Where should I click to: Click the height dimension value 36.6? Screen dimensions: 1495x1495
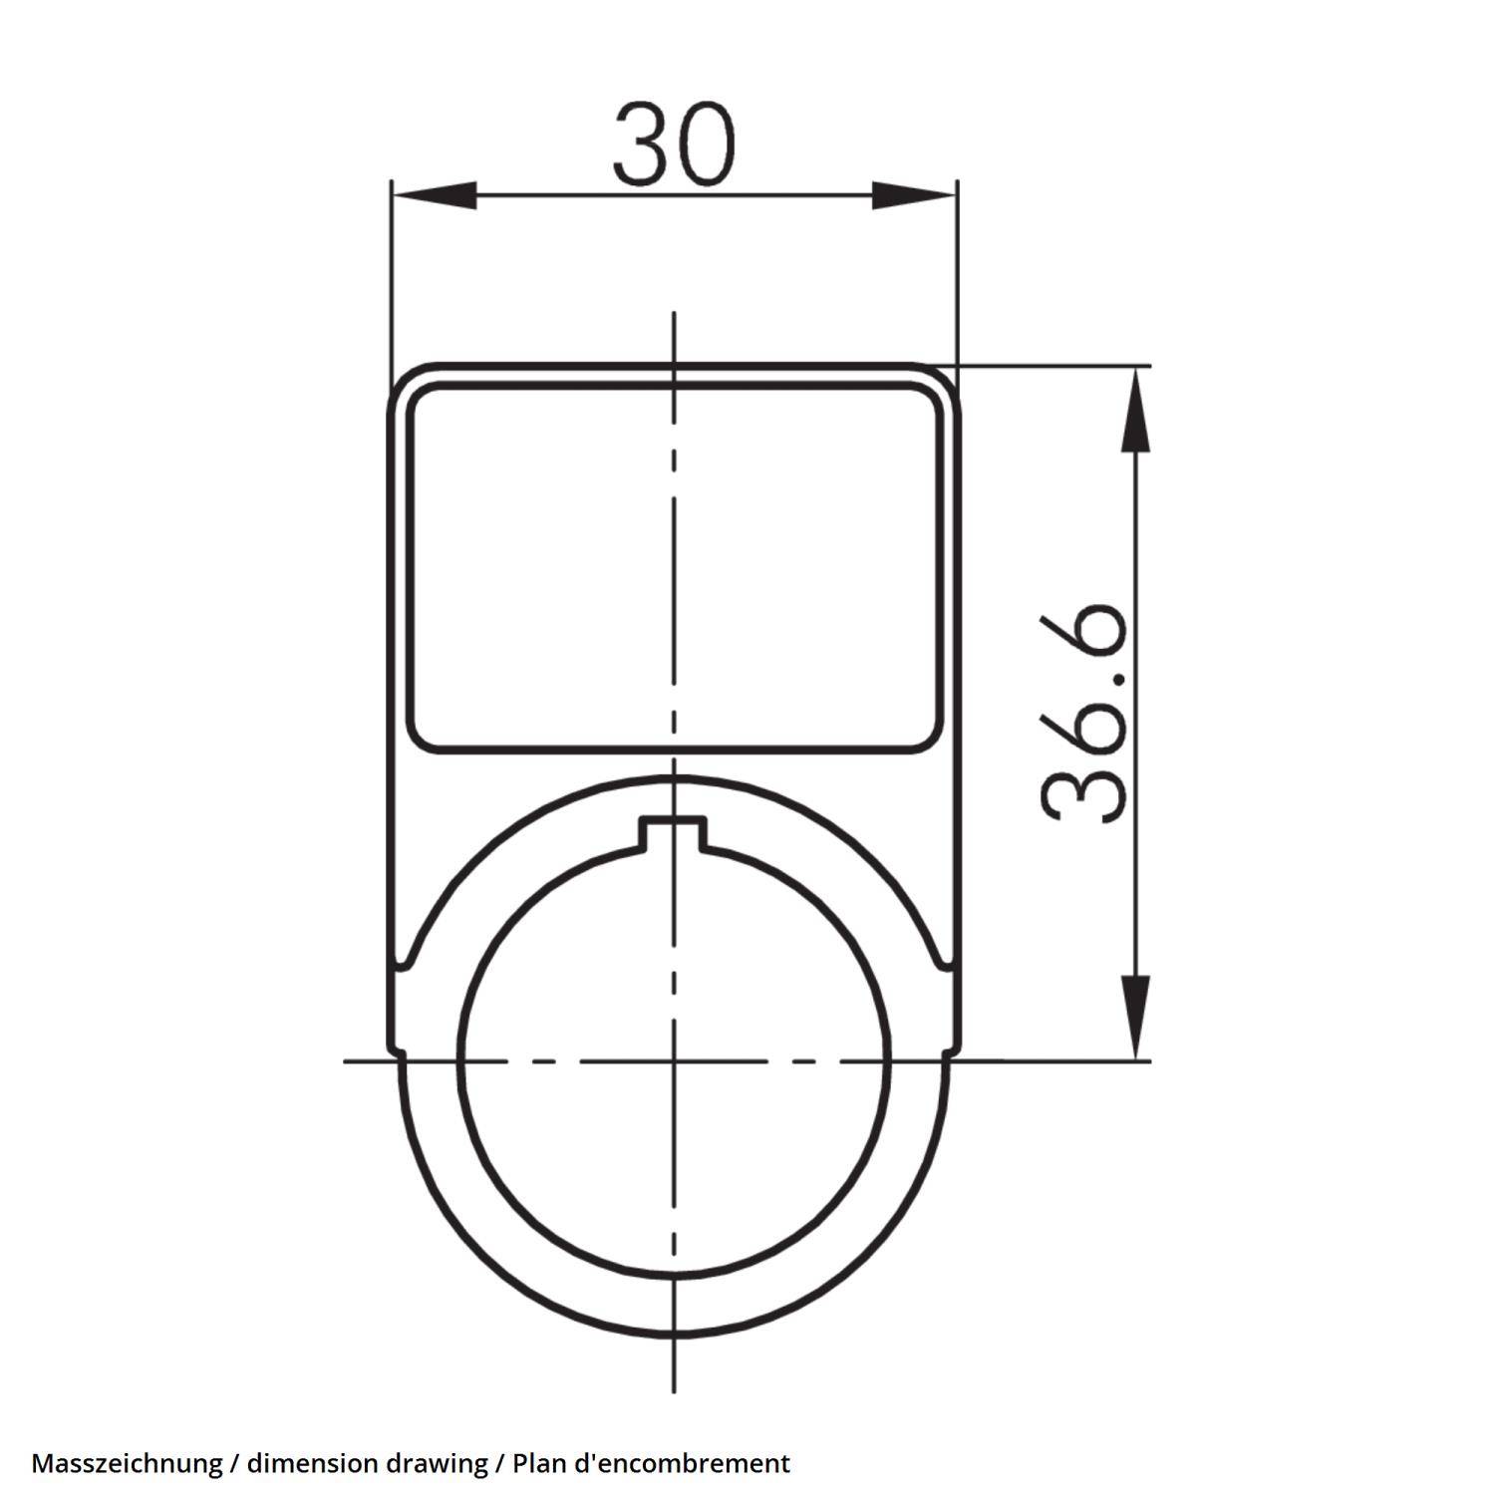(1085, 714)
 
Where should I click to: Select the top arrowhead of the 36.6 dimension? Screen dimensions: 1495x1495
(1135, 409)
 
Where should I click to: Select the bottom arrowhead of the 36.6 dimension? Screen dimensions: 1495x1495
(1135, 1017)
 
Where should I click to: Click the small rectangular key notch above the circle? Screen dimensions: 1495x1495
(674, 831)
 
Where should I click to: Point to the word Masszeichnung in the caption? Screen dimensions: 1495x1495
(127, 1463)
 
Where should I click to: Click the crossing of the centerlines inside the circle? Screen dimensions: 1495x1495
(674, 1060)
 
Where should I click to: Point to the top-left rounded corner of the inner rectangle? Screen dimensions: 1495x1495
(420, 399)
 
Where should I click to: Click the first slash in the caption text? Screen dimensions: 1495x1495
(234, 1463)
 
